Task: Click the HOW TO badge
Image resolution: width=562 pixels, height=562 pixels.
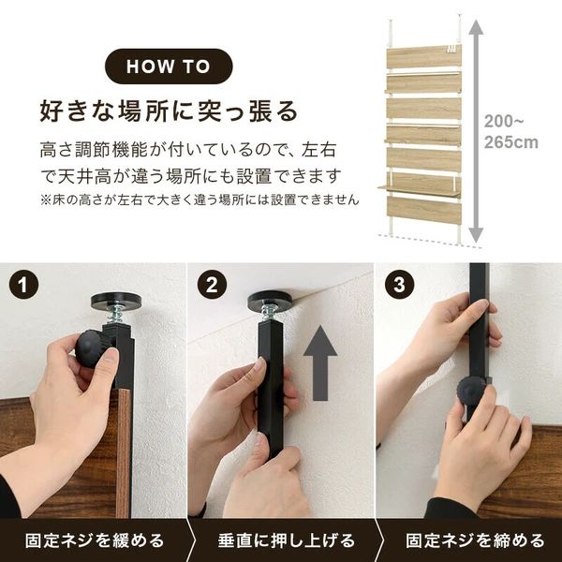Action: (168, 67)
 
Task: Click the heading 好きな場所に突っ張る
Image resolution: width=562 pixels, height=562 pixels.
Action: (169, 110)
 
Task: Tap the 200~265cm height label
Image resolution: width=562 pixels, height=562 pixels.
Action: (511, 131)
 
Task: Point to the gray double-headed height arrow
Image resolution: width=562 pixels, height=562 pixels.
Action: (475, 131)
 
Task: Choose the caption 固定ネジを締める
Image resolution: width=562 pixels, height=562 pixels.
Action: (474, 540)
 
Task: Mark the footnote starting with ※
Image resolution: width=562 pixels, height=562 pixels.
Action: (200, 200)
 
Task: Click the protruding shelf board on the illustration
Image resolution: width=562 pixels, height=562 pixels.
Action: (418, 190)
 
